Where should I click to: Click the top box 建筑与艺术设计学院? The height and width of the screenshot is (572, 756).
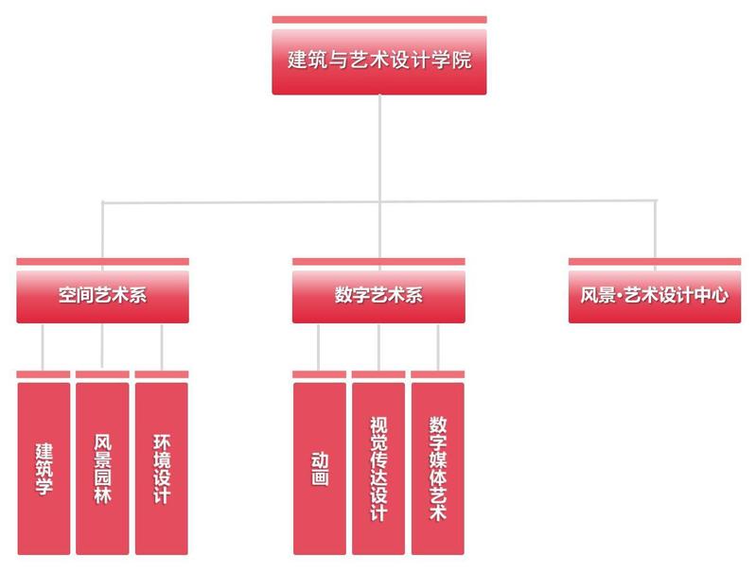tap(378, 61)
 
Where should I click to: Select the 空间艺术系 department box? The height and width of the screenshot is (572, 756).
tap(102, 295)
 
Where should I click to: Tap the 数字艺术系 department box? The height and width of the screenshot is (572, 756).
tap(378, 295)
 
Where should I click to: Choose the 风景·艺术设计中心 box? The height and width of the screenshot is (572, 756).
tap(654, 295)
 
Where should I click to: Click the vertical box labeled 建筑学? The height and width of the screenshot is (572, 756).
tap(44, 468)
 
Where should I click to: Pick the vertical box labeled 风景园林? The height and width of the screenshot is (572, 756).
tap(102, 468)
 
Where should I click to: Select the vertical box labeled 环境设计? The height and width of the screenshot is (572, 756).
tap(161, 468)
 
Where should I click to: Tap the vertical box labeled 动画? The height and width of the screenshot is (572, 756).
tap(320, 468)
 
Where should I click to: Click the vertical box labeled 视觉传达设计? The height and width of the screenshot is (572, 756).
tap(378, 468)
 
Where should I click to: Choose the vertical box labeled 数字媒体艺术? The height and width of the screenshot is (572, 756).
tap(437, 468)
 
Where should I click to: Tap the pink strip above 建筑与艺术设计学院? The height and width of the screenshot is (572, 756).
tap(378, 19)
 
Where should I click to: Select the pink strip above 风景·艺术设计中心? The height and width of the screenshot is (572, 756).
tap(654, 262)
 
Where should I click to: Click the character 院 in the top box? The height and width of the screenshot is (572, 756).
tap(462, 60)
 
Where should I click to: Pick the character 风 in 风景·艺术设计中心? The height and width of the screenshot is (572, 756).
tap(589, 295)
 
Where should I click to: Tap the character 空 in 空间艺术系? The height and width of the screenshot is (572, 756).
tap(67, 295)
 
